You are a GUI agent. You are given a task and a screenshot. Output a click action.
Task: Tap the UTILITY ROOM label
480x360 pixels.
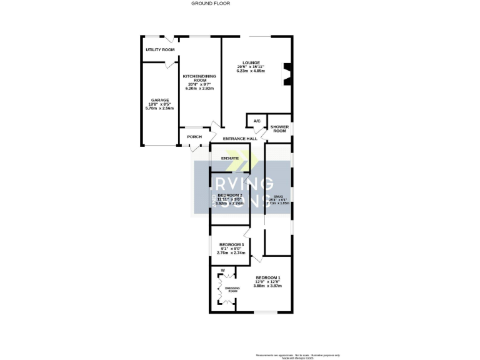[159, 49]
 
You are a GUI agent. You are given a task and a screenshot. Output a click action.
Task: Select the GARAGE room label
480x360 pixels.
[159, 100]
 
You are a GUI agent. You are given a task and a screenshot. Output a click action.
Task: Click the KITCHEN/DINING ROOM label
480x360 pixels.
[199, 78]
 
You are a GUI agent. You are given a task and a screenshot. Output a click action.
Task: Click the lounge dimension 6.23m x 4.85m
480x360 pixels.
[251, 71]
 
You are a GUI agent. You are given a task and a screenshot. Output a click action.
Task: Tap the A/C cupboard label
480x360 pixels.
[256, 121]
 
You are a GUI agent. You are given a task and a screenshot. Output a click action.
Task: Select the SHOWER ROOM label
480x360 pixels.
[279, 129]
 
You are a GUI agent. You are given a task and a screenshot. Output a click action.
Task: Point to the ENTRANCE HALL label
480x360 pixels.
[240, 139]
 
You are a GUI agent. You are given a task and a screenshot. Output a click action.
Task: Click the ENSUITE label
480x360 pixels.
[230, 158]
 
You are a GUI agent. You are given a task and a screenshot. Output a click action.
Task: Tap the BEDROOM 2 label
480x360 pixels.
[229, 195]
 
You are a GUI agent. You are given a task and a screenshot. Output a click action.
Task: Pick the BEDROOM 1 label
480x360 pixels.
[268, 277]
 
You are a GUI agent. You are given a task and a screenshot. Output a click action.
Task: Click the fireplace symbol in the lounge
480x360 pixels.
[286, 72]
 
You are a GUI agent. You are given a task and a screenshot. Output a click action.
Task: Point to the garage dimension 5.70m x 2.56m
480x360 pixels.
[159, 109]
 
